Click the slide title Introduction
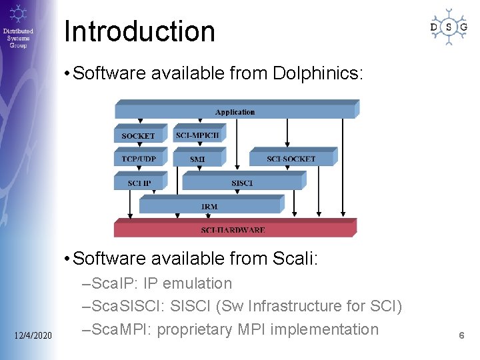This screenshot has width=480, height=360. coord(139,31)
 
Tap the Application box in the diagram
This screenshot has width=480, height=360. coord(235,111)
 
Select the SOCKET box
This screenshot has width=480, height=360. coord(138,135)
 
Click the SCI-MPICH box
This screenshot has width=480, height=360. coord(197,135)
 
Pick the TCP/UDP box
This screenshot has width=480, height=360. coord(138,159)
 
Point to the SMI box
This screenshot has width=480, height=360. coord(197,159)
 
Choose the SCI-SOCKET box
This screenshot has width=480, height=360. coord(291,159)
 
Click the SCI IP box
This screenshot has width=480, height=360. coord(138,183)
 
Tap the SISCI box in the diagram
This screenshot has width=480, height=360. coord(241,183)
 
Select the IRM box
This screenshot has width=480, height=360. coord(209,206)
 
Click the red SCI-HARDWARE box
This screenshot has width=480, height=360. coord(233,229)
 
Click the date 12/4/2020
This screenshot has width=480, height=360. coord(33,333)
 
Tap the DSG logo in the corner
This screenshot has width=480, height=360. coord(448,27)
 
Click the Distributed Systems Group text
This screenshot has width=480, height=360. coord(18,38)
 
